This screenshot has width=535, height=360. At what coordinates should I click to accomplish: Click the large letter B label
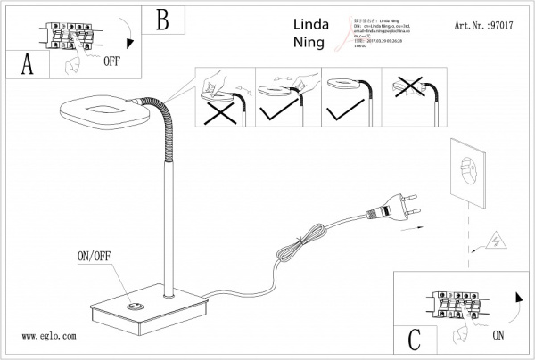pos(161,19)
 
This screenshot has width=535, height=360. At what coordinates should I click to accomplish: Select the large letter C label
pos(414,339)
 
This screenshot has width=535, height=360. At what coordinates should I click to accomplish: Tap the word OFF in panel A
pos(111,62)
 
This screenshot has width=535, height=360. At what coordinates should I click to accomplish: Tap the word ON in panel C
pos(497,336)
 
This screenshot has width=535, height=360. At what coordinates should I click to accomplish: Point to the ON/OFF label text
pos(97,256)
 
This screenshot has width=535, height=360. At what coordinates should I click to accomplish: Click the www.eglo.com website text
pos(48,337)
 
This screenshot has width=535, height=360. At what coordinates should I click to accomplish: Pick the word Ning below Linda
pos(309,42)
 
